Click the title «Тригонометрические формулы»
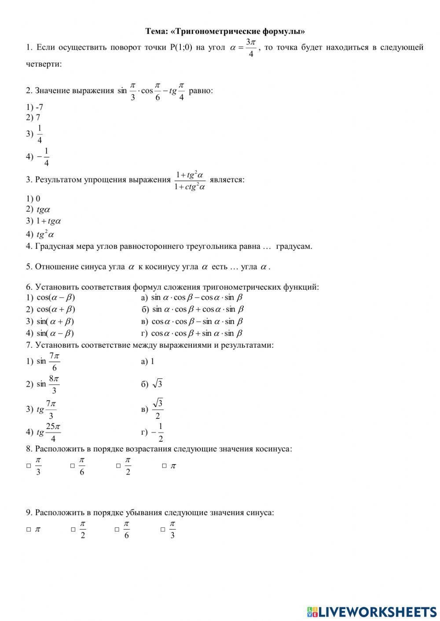pos(225,31)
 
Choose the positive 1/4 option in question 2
pos(39,134)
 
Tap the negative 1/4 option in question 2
pos(43,157)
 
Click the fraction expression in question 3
pos(190,180)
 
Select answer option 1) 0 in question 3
pos(33,199)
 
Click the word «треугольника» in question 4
pos(211,246)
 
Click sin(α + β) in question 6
pos(55,321)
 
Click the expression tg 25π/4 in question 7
pos(48,432)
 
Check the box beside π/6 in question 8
pos(73,466)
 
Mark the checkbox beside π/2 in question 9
pos(73,530)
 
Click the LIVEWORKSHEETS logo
pos(372,611)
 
